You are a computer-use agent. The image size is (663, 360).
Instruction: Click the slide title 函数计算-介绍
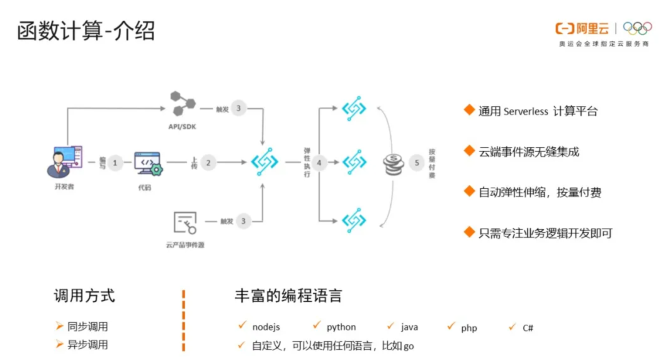tap(86, 30)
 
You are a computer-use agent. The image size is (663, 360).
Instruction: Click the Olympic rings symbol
tap(637, 28)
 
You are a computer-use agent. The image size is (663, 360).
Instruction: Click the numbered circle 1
tap(114, 163)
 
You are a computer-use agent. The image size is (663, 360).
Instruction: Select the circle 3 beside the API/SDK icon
tap(238, 108)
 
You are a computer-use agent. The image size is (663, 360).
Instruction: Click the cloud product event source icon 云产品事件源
tap(184, 222)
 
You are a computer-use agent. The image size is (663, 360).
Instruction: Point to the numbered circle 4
tap(319, 163)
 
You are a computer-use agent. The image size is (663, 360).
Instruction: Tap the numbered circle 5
tap(416, 163)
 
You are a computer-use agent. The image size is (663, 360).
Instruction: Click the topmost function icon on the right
tap(354, 108)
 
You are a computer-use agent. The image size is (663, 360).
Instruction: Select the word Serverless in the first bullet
tap(526, 111)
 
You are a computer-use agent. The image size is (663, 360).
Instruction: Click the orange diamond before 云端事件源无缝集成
tap(468, 150)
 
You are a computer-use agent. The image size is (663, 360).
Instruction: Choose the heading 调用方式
tap(84, 296)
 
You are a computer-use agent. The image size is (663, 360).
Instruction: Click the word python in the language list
tap(341, 327)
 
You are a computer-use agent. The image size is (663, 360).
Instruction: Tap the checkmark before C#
tap(512, 326)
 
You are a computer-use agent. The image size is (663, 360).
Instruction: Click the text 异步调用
tap(88, 345)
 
